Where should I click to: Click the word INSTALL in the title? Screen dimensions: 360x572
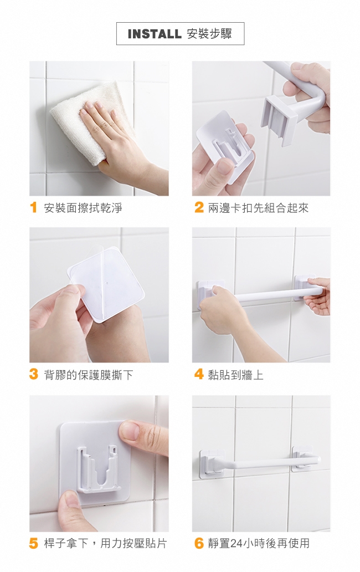(155, 34)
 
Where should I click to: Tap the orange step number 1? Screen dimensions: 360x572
(34, 207)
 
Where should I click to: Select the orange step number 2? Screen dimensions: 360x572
(199, 207)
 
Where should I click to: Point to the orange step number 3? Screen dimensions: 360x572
(34, 374)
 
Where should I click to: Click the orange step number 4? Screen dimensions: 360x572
(199, 374)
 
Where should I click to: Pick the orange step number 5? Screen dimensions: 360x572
(34, 543)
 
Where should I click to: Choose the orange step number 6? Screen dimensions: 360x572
(199, 543)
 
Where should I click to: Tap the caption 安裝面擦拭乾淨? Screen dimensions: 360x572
(83, 208)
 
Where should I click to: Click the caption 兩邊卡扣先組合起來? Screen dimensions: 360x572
(258, 208)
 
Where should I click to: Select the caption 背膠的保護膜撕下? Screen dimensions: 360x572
(89, 375)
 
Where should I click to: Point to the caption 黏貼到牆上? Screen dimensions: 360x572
(236, 375)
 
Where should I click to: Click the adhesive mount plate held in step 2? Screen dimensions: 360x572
(226, 146)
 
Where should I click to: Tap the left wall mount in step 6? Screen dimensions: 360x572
(212, 463)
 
